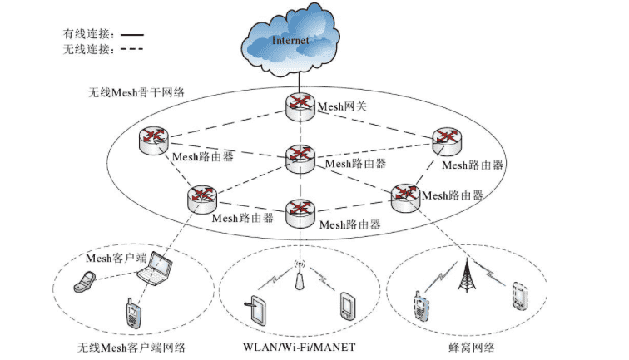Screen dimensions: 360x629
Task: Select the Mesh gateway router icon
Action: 297,105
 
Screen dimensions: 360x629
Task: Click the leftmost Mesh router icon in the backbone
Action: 154,140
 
